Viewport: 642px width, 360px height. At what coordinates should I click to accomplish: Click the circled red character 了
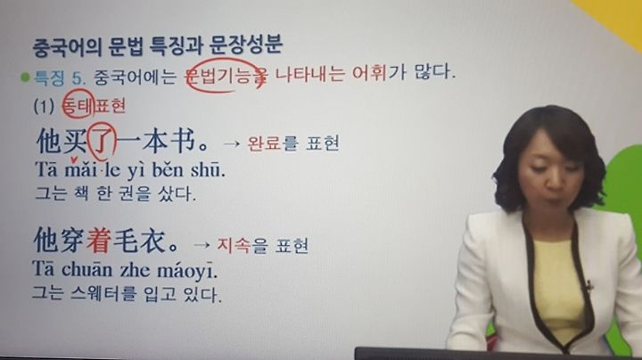(x=102, y=141)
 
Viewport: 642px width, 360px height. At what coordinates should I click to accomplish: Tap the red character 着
(x=98, y=241)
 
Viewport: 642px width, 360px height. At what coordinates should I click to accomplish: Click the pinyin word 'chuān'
(x=86, y=270)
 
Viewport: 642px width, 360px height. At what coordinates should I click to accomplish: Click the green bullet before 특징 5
(x=25, y=77)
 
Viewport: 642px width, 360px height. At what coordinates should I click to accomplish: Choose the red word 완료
(x=264, y=143)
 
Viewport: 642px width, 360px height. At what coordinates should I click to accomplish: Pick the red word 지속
(x=234, y=245)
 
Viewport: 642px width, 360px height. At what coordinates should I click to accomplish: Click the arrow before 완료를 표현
(x=231, y=144)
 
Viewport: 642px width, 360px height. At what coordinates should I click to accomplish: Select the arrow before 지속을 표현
(x=201, y=245)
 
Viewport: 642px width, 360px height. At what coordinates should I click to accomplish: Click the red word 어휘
(x=369, y=74)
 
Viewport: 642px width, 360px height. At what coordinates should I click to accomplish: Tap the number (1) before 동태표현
(x=44, y=106)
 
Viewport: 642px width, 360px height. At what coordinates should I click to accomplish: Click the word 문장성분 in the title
(x=246, y=45)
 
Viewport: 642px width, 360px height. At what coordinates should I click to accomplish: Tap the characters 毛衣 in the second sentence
(x=139, y=241)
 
